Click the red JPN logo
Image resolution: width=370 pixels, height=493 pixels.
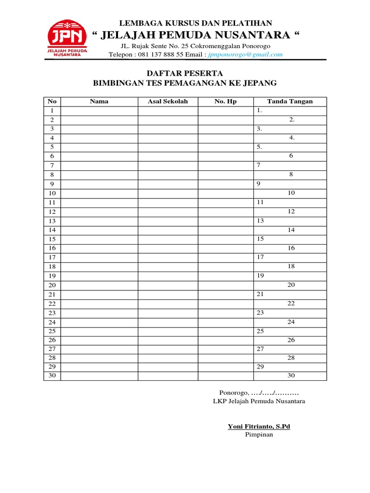pyautogui.click(x=66, y=38)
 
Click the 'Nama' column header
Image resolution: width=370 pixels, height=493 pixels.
pyautogui.click(x=99, y=102)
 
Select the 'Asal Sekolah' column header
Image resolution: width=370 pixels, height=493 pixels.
pyautogui.click(x=168, y=102)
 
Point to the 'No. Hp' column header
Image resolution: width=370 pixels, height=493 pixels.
pyautogui.click(x=225, y=102)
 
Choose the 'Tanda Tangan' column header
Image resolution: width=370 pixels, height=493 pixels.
pyautogui.click(x=290, y=102)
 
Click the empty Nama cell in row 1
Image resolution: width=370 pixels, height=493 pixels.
pyautogui.click(x=99, y=111)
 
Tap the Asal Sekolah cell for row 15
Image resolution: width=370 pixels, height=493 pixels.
pyautogui.click(x=168, y=239)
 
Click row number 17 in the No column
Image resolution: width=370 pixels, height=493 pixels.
pyautogui.click(x=52, y=258)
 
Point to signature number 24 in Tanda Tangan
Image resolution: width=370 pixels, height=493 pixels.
pyautogui.click(x=291, y=322)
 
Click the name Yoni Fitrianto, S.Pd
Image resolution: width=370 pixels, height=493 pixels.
pyautogui.click(x=259, y=427)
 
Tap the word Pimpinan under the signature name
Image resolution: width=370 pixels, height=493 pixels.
pyautogui.click(x=259, y=435)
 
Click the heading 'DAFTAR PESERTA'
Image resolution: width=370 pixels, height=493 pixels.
pyautogui.click(x=185, y=73)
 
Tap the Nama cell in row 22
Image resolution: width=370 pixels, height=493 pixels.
pyautogui.click(x=99, y=304)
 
